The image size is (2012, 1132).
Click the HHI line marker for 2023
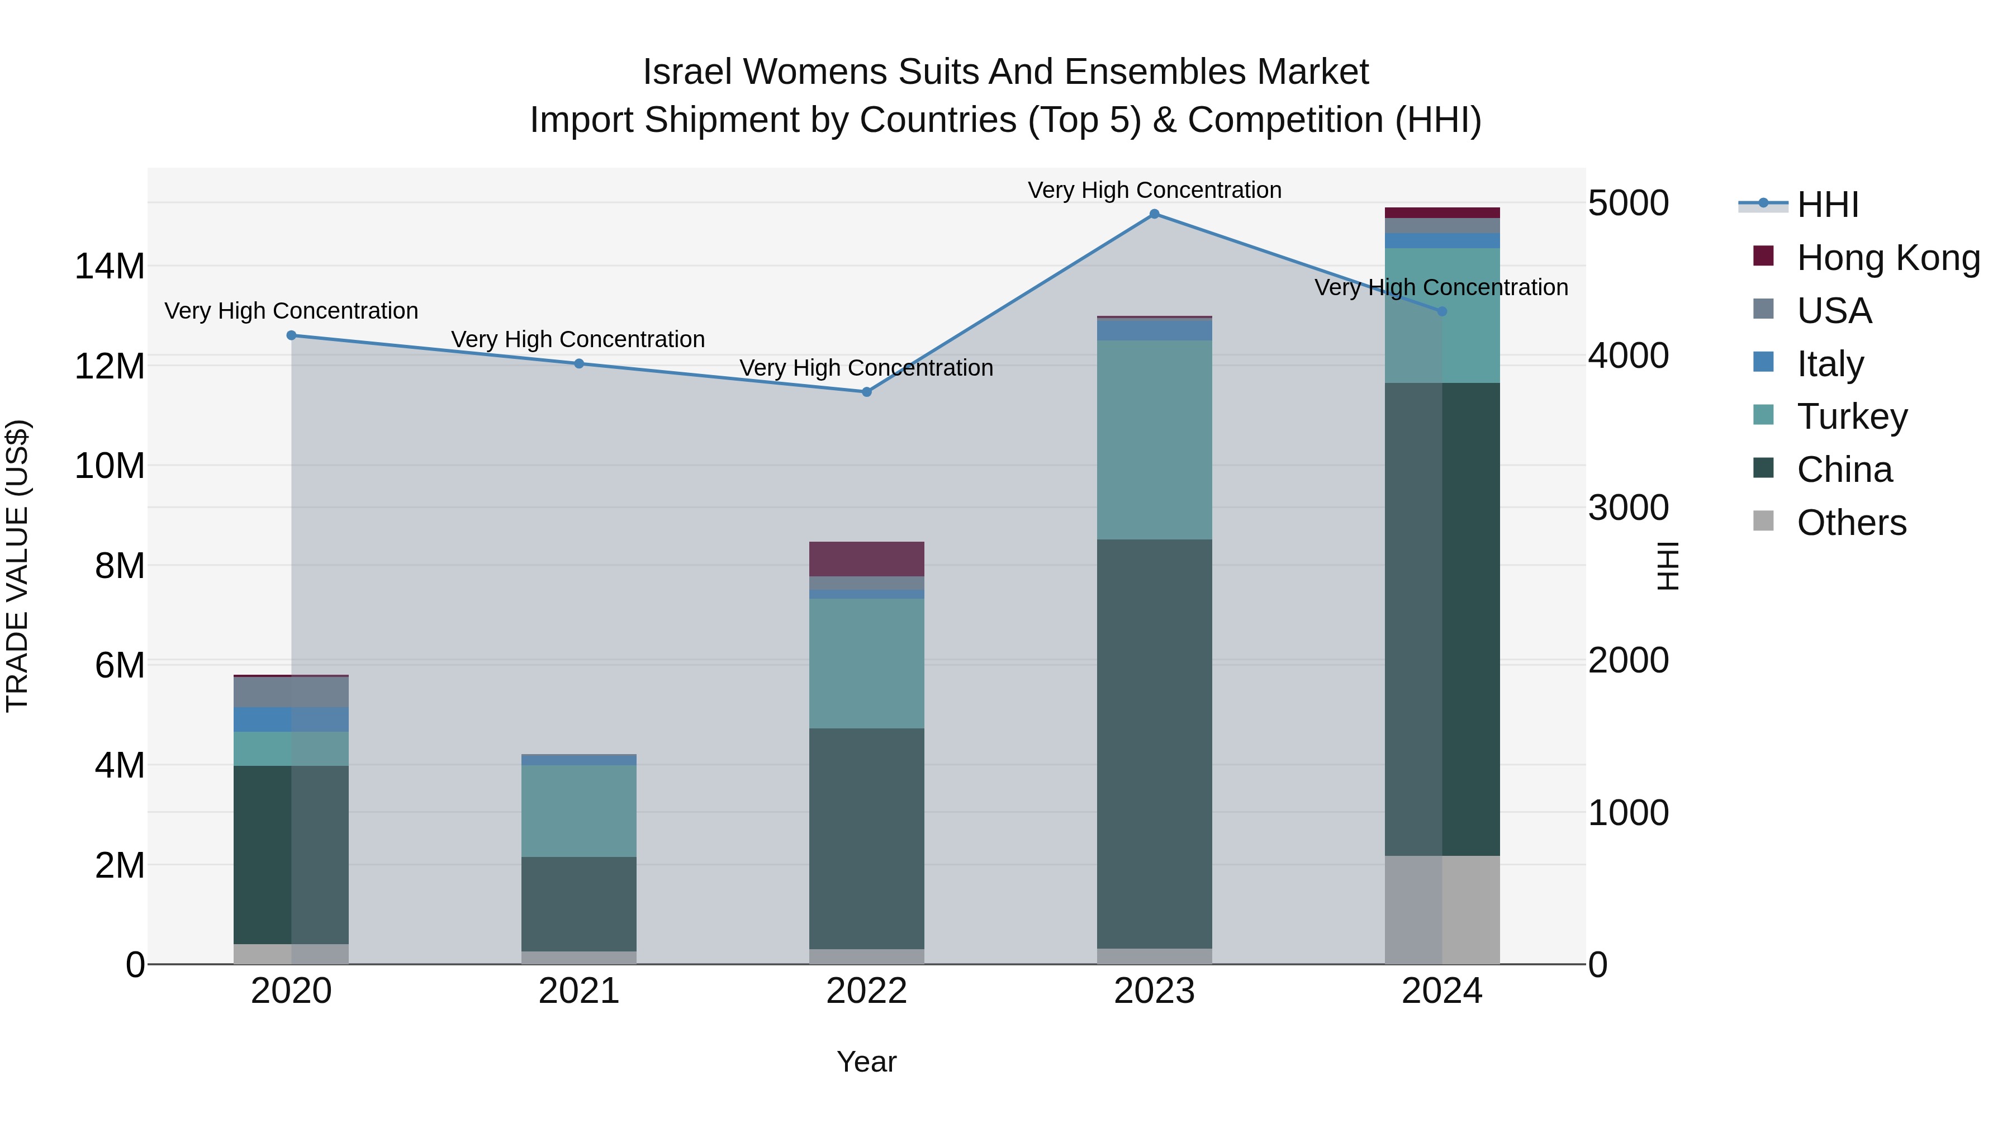point(1155,214)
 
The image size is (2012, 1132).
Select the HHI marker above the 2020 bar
point(291,335)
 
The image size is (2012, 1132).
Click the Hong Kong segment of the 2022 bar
point(866,558)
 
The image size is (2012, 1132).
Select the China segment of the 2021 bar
point(579,904)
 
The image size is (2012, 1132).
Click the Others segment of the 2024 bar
point(1442,910)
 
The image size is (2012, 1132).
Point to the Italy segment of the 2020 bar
point(291,719)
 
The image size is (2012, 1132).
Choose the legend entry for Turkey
point(1851,416)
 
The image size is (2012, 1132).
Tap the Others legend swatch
point(1763,521)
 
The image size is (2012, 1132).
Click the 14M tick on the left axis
point(110,267)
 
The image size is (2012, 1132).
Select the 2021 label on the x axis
point(579,991)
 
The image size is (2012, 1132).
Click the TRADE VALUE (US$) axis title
point(17,566)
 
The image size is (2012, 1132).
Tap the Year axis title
point(866,1062)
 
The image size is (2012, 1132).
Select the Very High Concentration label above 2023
point(1155,190)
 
